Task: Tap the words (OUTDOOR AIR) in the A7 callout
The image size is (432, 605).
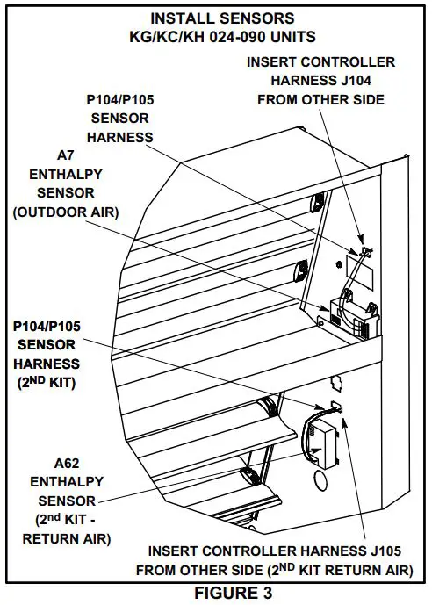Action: click(66, 212)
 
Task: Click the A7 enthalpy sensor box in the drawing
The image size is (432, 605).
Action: click(356, 318)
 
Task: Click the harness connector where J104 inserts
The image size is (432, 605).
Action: click(367, 255)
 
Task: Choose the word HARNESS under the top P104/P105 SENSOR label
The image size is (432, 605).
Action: click(120, 136)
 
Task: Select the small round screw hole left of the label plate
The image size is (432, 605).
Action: click(338, 262)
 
